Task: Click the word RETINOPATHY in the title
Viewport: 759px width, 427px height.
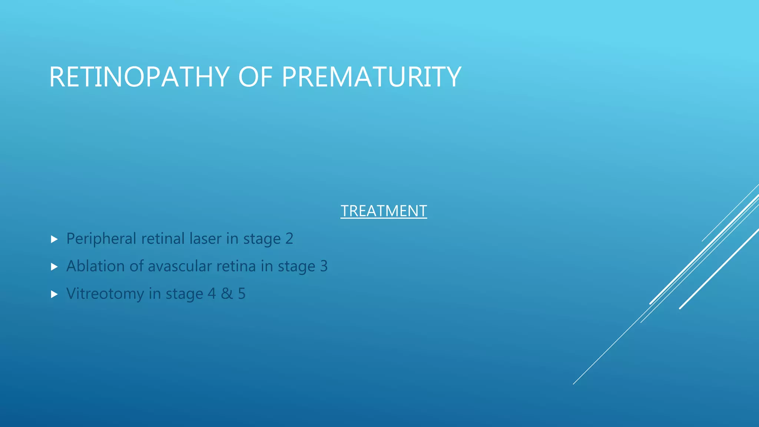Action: click(139, 77)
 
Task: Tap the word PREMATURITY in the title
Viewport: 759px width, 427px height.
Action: click(371, 77)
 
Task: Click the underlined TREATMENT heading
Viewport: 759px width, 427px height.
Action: click(384, 211)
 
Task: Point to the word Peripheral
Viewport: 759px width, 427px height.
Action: click(101, 239)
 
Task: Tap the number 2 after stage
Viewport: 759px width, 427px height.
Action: click(289, 239)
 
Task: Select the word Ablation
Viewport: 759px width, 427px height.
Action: click(95, 266)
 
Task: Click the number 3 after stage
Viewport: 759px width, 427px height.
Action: click(324, 266)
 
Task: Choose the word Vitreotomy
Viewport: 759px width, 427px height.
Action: click(105, 294)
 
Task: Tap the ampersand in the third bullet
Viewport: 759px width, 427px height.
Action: click(227, 294)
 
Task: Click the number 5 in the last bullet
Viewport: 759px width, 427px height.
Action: click(242, 294)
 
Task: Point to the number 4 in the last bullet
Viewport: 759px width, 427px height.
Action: click(212, 294)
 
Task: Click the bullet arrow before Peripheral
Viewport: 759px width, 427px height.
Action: click(54, 239)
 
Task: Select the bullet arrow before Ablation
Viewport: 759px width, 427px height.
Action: click(54, 267)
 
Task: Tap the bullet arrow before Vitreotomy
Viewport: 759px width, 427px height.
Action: click(54, 294)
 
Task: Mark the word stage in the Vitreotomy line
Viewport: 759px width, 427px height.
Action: click(184, 294)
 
